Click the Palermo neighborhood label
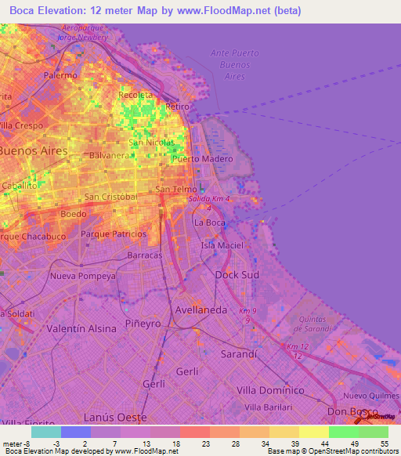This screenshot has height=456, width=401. pos(60,75)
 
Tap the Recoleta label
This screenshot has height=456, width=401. pos(134,95)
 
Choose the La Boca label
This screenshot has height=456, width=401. pos(209,223)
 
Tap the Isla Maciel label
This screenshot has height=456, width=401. pos(221,246)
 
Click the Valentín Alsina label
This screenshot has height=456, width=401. pos(81,328)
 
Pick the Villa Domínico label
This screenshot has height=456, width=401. pos(269,389)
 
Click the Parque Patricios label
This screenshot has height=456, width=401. pos(113,233)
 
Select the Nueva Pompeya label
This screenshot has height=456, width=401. pos(82,276)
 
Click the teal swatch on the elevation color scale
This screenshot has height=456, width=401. pos(46,432)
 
